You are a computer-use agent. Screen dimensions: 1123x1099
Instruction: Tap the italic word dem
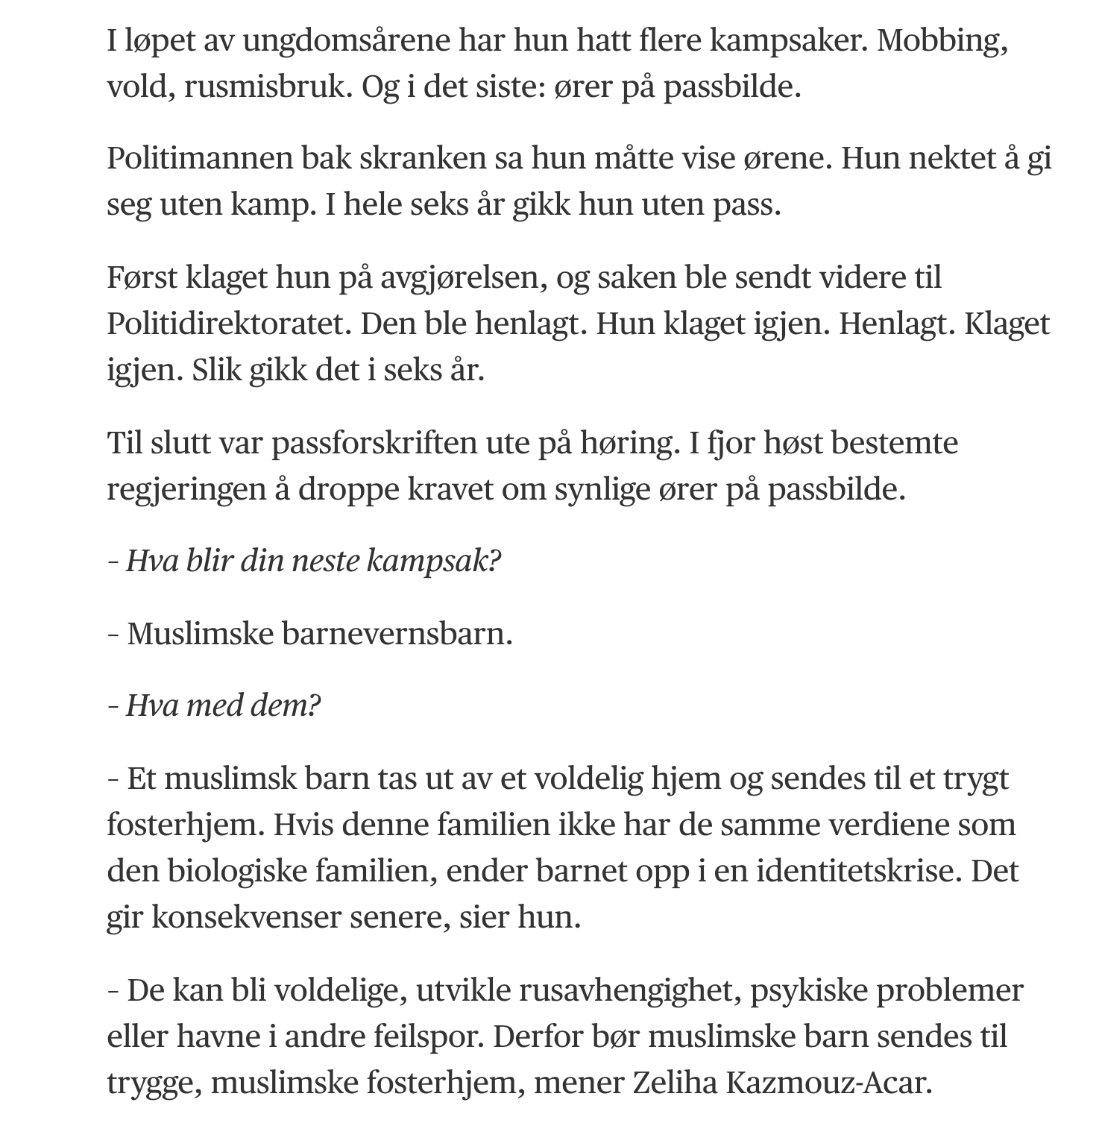pos(283,705)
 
